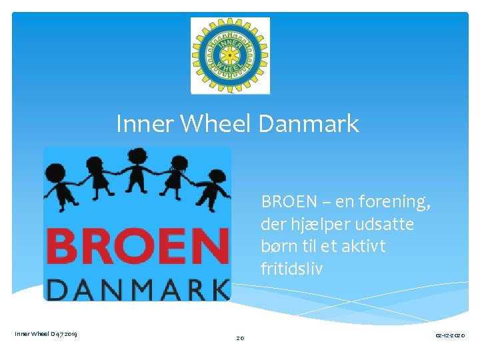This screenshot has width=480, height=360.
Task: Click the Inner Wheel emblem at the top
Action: tap(230, 55)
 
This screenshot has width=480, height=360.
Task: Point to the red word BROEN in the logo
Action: tap(137, 245)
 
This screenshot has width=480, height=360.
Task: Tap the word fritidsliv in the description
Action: tap(291, 269)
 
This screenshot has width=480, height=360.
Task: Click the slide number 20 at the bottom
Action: tap(240, 339)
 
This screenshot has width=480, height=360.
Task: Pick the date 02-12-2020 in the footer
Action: tap(450, 335)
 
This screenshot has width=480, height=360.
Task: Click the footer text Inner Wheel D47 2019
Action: tap(45, 334)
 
